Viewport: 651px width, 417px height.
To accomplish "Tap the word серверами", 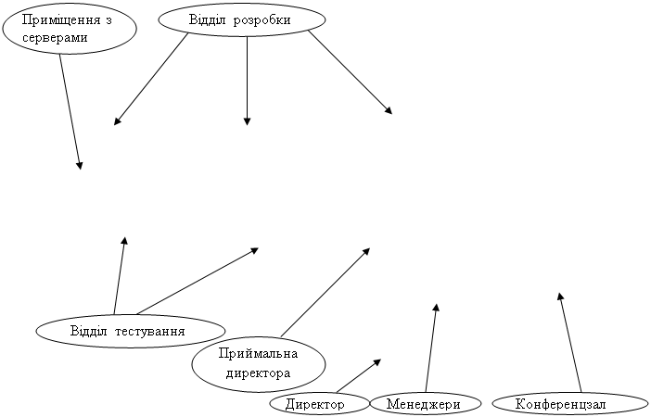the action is click(x=55, y=38).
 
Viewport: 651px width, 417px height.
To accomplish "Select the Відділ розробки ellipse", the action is click(x=242, y=19).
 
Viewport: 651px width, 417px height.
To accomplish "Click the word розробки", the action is click(x=262, y=19).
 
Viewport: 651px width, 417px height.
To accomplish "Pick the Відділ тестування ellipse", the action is click(x=131, y=331).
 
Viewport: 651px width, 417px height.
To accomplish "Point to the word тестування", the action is click(x=149, y=332).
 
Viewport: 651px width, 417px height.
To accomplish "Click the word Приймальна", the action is click(x=258, y=353).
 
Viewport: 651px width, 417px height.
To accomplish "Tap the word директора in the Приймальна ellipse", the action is click(x=258, y=373).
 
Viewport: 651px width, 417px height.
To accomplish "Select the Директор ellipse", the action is click(x=319, y=404).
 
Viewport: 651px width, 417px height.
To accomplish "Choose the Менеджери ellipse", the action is click(x=425, y=403).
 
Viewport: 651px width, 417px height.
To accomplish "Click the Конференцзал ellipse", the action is click(x=570, y=404).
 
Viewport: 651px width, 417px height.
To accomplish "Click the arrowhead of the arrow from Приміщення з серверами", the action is click(x=80, y=169).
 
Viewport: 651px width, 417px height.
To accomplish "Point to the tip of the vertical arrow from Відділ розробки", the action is click(x=247, y=125).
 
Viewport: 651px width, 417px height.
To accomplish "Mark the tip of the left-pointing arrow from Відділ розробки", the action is click(x=114, y=124).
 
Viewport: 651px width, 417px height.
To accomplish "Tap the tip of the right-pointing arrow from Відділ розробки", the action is click(x=392, y=114).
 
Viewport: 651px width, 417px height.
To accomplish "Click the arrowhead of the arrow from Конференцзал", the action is click(x=559, y=293).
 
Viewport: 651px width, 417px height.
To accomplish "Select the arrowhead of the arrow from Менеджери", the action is click(x=437, y=304).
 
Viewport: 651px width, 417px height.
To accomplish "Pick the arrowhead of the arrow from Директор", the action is click(x=381, y=360).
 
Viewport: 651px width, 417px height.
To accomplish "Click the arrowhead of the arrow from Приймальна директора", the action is click(x=370, y=248).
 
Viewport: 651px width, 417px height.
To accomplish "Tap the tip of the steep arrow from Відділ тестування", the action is click(x=124, y=237).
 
